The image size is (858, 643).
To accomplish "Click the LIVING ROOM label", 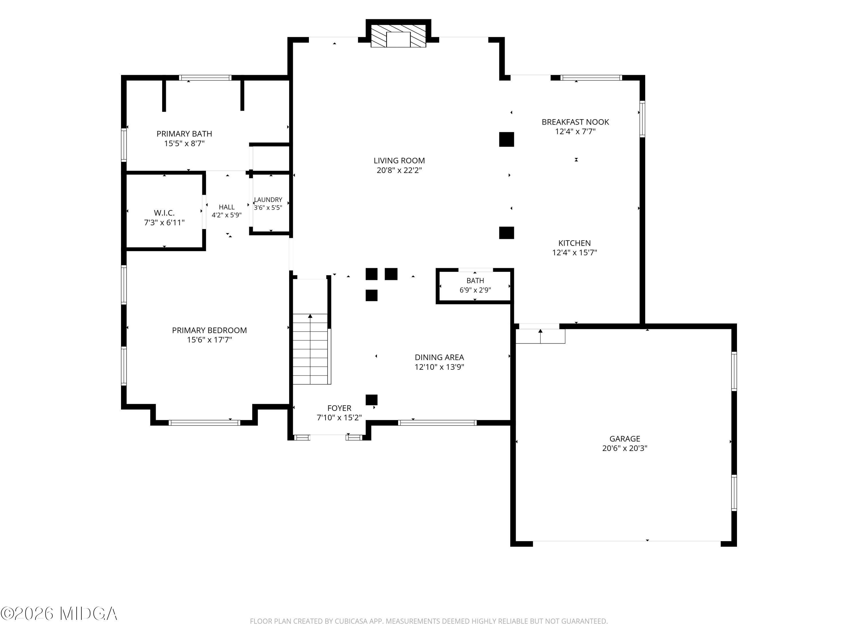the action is (x=399, y=160).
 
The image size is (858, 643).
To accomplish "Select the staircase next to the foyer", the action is (x=311, y=349).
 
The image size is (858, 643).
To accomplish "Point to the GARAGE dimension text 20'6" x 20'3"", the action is (x=625, y=448).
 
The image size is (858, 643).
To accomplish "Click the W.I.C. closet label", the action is (x=164, y=213).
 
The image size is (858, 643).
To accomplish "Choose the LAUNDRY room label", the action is (x=268, y=199).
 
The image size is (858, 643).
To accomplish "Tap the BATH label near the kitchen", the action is (x=475, y=281).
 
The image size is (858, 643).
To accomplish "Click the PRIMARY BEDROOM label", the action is (x=209, y=330).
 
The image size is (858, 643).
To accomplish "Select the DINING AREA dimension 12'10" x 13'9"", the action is (x=440, y=367).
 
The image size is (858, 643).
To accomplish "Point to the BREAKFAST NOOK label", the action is (x=575, y=122).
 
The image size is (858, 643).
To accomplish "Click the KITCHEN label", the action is (x=575, y=243).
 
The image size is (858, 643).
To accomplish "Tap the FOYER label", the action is (x=339, y=408).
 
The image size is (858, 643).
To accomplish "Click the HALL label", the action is (x=227, y=207).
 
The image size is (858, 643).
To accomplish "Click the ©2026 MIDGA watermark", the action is (x=59, y=614).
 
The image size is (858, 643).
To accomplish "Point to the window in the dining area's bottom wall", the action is (x=437, y=422).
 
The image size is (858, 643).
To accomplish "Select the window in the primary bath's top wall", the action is (x=205, y=77).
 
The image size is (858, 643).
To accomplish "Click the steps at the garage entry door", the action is (x=540, y=336).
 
